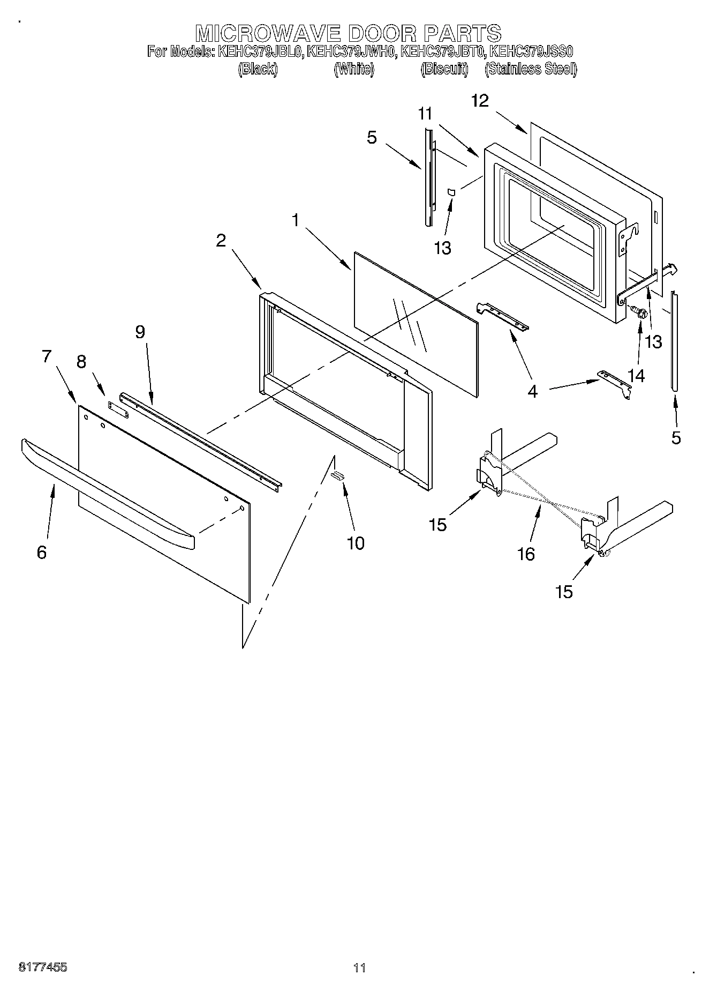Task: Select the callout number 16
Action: pyautogui.click(x=526, y=554)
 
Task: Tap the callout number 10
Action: pyautogui.click(x=355, y=543)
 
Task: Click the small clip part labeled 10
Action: pyautogui.click(x=337, y=474)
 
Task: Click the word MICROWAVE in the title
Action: pyautogui.click(x=268, y=33)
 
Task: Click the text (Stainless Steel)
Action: pyautogui.click(x=530, y=69)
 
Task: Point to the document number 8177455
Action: pyautogui.click(x=43, y=967)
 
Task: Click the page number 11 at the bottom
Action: pyautogui.click(x=359, y=968)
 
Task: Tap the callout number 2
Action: pyautogui.click(x=221, y=240)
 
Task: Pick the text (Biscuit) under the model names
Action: pyautogui.click(x=444, y=69)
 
